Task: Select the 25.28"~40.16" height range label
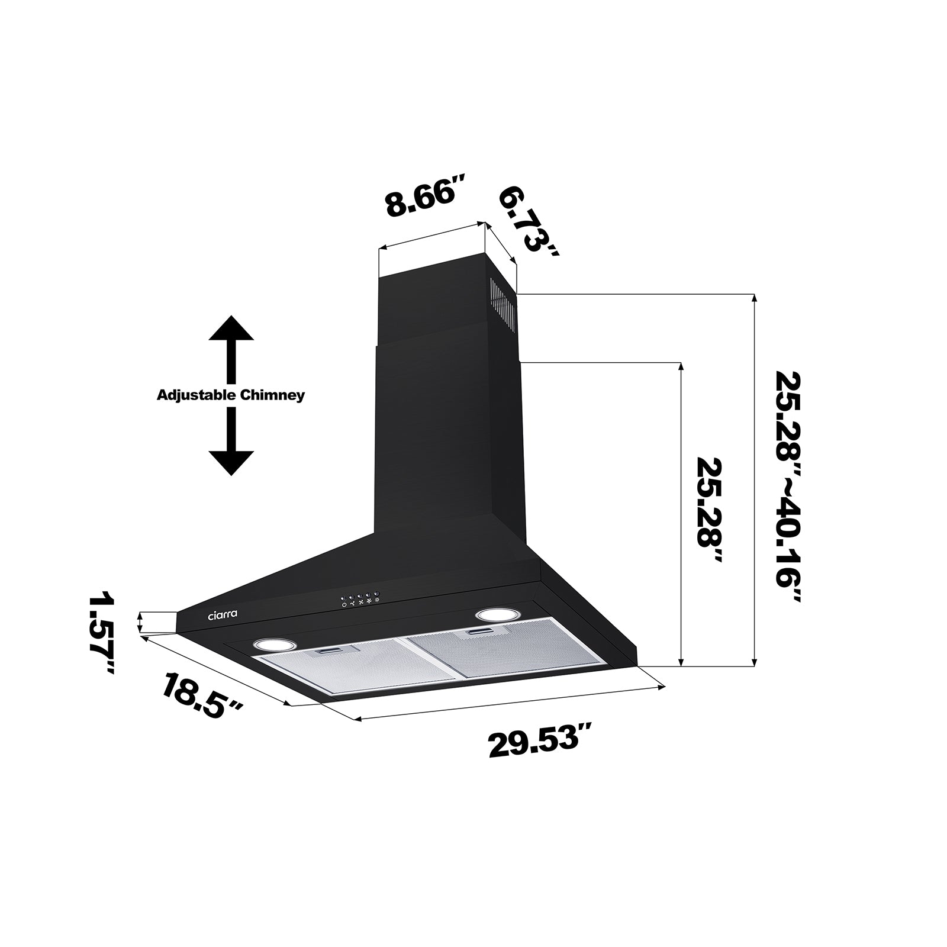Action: pos(788,487)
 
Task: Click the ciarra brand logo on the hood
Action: pos(223,615)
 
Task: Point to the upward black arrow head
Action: pos(231,329)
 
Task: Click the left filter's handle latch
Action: pos(328,652)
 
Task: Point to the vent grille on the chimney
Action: pos(503,307)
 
